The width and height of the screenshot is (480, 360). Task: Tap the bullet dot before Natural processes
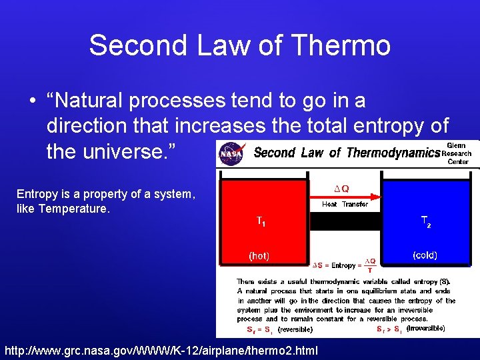point(33,101)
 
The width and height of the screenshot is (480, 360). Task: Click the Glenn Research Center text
point(457,153)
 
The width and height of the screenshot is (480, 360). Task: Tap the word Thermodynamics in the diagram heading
point(393,153)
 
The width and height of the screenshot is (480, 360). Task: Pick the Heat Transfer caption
point(345,205)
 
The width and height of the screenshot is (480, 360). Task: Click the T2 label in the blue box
point(425,222)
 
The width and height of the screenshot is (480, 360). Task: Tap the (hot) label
point(259,255)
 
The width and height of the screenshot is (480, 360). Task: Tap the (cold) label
point(425,255)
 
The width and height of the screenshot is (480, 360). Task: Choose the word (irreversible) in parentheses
point(426,328)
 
